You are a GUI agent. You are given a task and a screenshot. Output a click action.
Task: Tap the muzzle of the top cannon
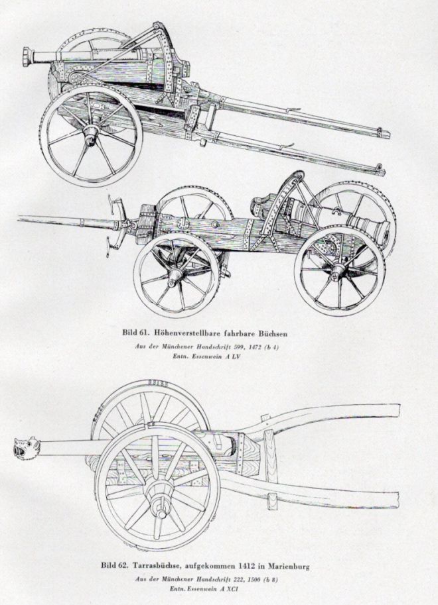(x=28, y=57)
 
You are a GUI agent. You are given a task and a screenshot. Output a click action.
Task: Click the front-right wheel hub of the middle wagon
(x=338, y=270)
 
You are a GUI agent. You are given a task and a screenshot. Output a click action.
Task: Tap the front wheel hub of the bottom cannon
(x=158, y=502)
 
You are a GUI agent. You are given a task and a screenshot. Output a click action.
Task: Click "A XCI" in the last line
(x=229, y=589)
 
